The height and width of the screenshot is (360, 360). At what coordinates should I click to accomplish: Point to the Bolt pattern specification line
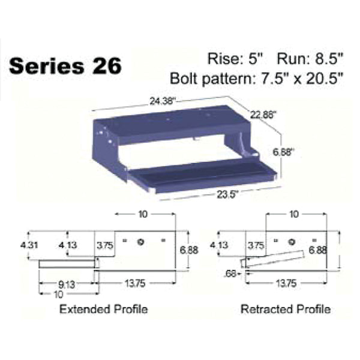click(x=256, y=79)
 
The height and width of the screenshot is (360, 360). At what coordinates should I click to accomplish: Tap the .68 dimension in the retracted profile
click(x=228, y=274)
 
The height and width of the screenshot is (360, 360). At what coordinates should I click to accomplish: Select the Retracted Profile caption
click(x=285, y=310)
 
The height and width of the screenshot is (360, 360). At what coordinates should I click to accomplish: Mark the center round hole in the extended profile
click(x=139, y=241)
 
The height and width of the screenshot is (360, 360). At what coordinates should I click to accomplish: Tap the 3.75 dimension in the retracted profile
click(x=256, y=245)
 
